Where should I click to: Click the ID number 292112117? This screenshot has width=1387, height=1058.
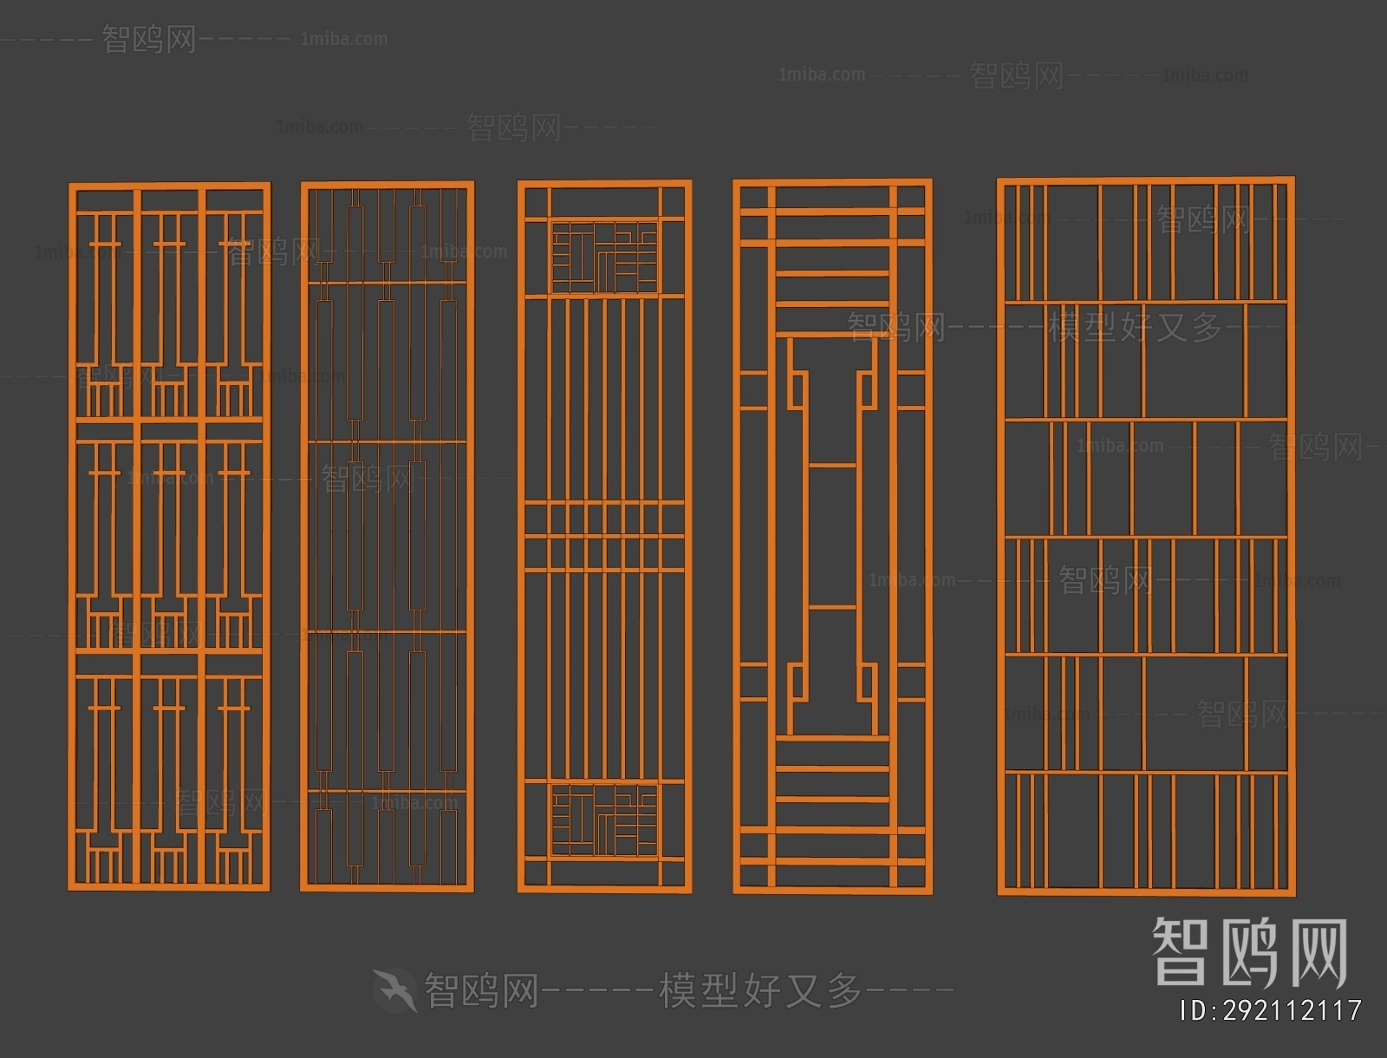(x=1292, y=1010)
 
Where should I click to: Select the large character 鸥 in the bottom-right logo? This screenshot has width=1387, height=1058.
(x=1247, y=952)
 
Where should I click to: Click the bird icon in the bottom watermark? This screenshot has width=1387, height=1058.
(x=394, y=989)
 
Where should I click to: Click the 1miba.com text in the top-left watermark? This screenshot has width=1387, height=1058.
(x=344, y=39)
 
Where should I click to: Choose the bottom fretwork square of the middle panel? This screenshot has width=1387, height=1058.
(x=604, y=820)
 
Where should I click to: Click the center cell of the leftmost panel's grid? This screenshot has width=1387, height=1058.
(x=170, y=534)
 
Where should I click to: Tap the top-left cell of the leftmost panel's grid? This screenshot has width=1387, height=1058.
(x=105, y=304)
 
